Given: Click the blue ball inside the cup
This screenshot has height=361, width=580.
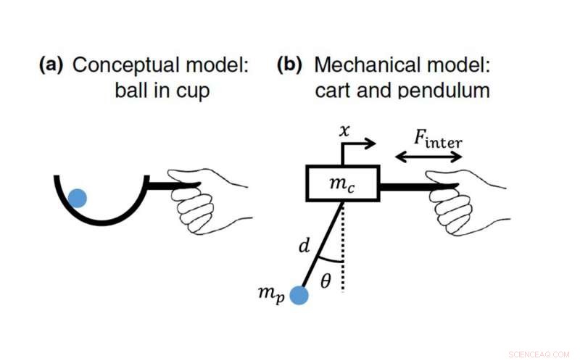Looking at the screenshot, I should pyautogui.click(x=78, y=197).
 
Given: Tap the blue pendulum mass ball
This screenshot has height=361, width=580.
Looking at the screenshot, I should pyautogui.click(x=299, y=296).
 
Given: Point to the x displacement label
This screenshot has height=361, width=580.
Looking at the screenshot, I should pyautogui.click(x=345, y=130).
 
